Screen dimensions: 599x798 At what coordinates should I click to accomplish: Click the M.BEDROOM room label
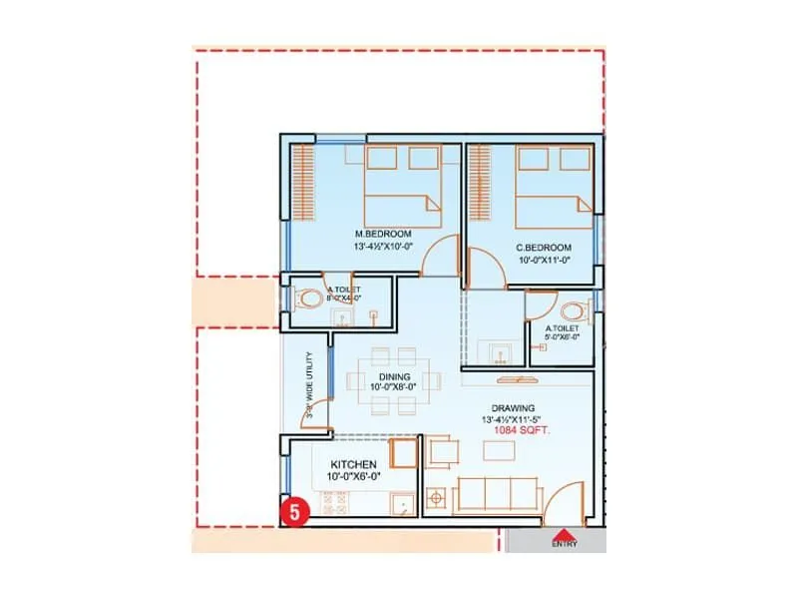coord(369,234)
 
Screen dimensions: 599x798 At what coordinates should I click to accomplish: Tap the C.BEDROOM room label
coord(544,247)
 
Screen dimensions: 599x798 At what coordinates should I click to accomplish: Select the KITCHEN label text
coord(353,464)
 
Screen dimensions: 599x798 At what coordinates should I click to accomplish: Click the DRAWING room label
coord(513,407)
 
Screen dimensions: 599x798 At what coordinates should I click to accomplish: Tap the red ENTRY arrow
coord(564,533)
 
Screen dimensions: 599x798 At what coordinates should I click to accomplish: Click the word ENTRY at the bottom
coord(564,545)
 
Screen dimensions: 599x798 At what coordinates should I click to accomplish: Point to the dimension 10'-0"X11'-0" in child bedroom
coord(544,260)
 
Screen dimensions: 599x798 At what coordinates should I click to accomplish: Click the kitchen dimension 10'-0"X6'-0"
coord(353,478)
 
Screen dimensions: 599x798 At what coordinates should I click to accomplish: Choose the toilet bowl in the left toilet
coord(308,298)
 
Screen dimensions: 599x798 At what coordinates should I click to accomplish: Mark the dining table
coord(379,380)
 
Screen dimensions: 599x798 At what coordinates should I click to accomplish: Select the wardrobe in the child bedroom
coord(480,186)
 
